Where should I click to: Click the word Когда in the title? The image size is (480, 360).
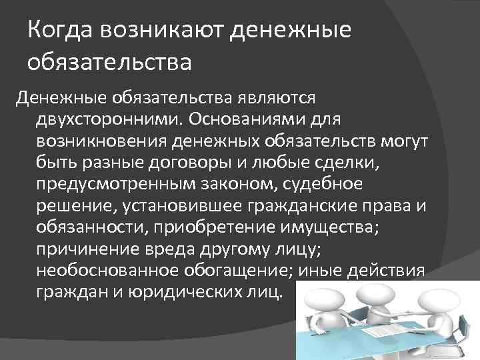62,31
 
